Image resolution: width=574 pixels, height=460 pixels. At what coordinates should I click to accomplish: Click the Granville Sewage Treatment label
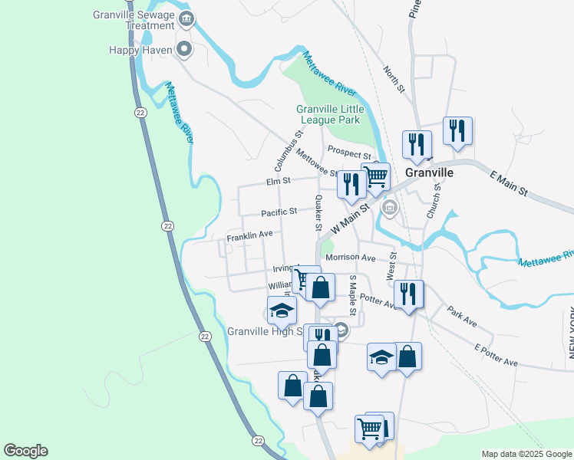(x=134, y=20)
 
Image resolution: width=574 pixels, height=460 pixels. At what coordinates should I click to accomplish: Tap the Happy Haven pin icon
(x=184, y=51)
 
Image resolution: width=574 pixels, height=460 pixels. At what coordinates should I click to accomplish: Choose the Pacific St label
(x=279, y=212)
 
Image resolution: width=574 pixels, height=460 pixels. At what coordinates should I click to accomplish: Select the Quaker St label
(x=318, y=212)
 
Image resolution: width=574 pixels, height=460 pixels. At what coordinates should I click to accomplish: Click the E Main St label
(x=510, y=184)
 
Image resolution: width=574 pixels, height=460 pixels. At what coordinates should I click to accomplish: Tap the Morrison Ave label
(x=350, y=258)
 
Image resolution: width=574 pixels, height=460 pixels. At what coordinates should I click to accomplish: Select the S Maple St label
(x=354, y=295)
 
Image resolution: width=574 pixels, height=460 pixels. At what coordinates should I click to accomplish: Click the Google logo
(x=25, y=451)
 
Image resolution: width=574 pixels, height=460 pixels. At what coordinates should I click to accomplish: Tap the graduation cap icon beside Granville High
(x=282, y=311)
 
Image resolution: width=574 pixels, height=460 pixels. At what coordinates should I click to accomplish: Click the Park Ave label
(x=463, y=314)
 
